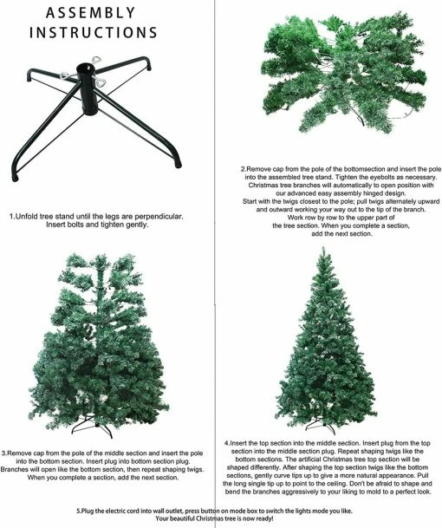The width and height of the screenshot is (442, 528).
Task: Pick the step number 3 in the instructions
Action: pos(5,452)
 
